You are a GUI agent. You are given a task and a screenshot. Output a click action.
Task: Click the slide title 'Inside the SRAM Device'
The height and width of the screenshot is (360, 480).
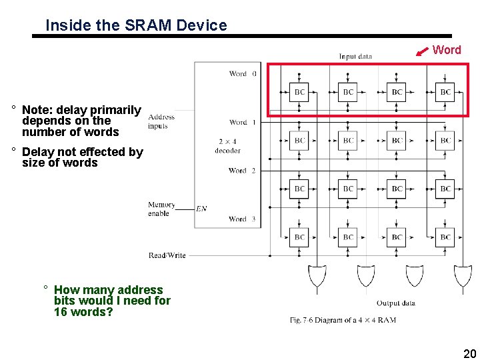point(136,25)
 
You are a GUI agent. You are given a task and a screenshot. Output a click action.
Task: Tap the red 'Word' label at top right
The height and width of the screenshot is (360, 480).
point(447,50)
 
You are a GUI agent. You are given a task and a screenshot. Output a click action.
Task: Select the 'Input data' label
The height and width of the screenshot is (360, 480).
point(355,57)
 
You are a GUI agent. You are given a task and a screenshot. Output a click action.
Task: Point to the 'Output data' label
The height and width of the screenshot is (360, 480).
point(396,303)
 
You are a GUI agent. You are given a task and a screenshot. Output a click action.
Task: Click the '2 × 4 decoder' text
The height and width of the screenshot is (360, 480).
point(227,146)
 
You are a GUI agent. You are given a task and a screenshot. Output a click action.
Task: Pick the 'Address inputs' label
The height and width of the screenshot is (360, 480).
point(161,121)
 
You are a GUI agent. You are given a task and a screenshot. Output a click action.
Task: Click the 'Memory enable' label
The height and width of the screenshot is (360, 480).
point(161,209)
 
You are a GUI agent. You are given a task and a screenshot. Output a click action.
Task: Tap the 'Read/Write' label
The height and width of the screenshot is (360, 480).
point(167,255)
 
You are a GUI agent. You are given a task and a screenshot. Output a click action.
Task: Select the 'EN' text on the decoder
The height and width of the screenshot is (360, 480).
point(201,209)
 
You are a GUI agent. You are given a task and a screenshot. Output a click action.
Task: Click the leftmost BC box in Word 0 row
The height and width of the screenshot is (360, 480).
point(300,92)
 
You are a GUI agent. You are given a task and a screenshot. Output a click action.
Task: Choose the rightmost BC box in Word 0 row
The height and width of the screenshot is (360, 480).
point(445,92)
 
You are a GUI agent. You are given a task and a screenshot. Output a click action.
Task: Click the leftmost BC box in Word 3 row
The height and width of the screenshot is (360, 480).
point(300,237)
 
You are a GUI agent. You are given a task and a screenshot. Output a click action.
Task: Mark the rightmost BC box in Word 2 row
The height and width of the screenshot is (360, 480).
point(445,189)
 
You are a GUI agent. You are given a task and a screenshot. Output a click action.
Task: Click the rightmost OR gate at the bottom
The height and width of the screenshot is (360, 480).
point(463,275)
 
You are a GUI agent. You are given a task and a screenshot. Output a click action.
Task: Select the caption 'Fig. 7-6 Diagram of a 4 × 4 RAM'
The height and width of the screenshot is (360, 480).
point(343,320)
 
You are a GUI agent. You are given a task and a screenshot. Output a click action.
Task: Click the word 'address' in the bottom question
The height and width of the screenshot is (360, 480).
point(140,290)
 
